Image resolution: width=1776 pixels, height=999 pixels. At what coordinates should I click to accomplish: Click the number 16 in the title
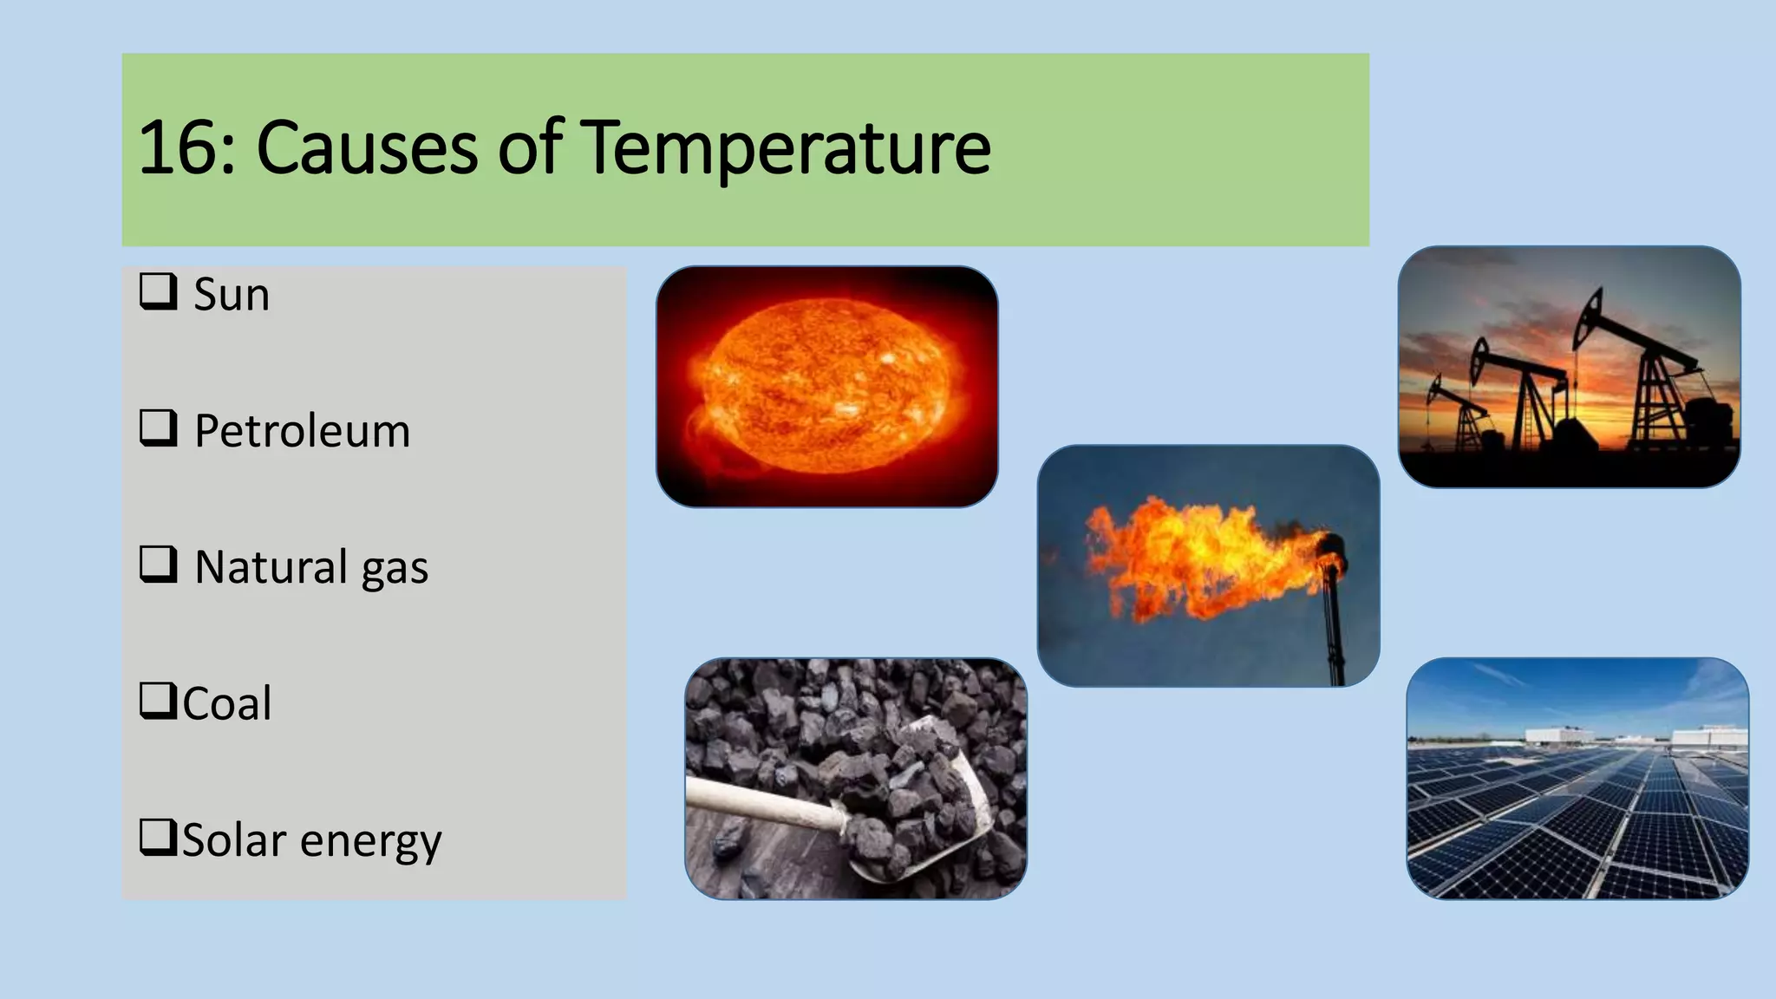coord(179,147)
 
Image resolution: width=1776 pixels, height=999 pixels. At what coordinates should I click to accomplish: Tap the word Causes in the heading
coord(367,147)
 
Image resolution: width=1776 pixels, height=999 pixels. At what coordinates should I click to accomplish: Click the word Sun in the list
coord(231,295)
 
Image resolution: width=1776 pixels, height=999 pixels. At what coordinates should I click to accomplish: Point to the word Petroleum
coord(302,431)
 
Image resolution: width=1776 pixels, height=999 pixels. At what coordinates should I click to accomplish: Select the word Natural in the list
coord(271,567)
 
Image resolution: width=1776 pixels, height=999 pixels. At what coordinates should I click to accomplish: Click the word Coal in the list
coord(226,703)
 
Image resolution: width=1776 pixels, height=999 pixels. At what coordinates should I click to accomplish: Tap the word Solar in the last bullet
coord(233,839)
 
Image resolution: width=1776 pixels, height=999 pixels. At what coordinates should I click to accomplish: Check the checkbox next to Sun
coord(158,291)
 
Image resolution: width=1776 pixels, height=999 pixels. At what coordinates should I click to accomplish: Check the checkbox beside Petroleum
coord(158,428)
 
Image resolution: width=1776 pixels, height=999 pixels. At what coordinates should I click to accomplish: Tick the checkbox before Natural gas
coord(158,564)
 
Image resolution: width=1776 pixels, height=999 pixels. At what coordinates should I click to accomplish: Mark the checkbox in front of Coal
coord(158,700)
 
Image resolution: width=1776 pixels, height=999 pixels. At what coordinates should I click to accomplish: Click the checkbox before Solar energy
coord(158,837)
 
